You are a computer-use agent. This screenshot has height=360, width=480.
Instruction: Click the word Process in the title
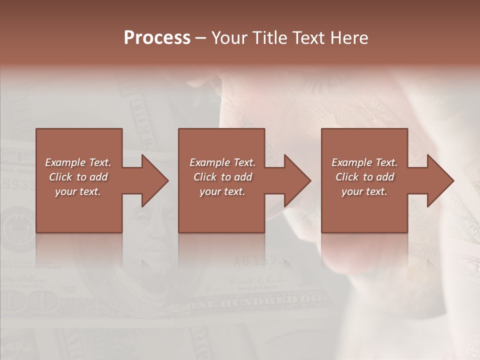point(157,38)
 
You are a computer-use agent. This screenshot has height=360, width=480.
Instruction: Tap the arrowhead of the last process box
point(439,180)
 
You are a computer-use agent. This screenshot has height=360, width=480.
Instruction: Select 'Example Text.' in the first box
point(78,162)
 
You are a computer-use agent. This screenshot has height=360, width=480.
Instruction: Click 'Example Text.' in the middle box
point(222,162)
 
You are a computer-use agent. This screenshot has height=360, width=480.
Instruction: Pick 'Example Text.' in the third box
point(364,162)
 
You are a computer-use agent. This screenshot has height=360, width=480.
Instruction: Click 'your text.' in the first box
point(78,191)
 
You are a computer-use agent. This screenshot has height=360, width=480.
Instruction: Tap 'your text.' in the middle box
point(222,191)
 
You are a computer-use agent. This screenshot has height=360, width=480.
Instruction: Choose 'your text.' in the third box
point(364,191)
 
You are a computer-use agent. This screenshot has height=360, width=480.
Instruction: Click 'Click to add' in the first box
point(78,177)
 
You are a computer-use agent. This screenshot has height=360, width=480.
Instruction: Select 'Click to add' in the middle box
point(222,177)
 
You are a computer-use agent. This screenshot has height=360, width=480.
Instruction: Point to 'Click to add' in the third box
point(364,177)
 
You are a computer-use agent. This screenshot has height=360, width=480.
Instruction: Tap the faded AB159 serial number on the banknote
point(260,260)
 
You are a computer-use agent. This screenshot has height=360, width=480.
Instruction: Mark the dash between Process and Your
point(200,38)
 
